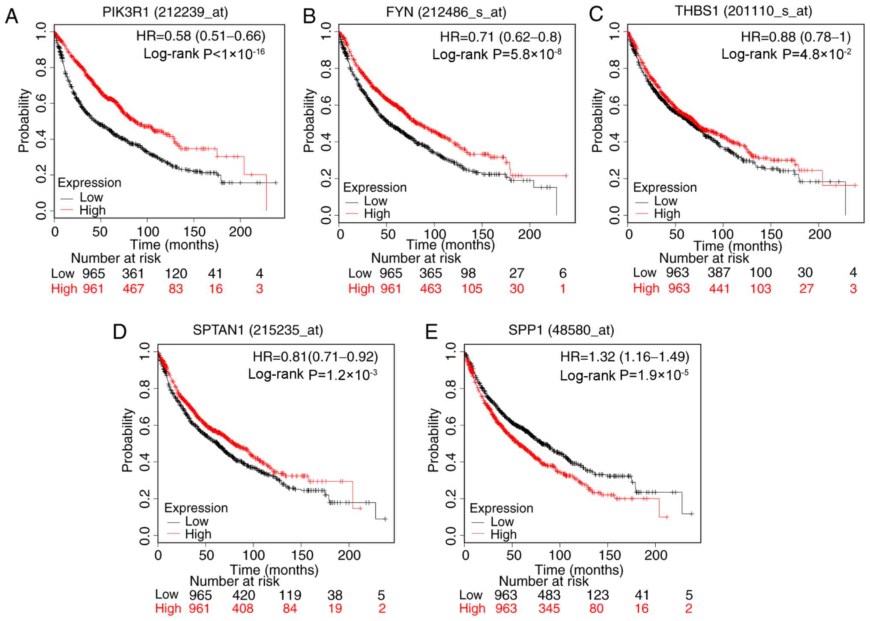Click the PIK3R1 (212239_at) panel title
[x=165, y=12]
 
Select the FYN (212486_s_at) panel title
[x=445, y=12]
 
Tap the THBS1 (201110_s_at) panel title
[x=743, y=11]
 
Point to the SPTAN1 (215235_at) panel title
[x=257, y=330]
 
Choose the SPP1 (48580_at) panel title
[x=561, y=330]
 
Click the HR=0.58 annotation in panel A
[x=200, y=36]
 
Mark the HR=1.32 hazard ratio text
[x=625, y=357]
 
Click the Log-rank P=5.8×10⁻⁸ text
[x=496, y=54]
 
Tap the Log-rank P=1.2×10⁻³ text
[x=312, y=374]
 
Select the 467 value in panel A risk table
[x=133, y=289]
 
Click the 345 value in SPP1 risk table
[x=549, y=609]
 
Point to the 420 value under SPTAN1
[x=243, y=595]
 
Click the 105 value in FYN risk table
[x=471, y=289]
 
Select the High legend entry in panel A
[x=92, y=210]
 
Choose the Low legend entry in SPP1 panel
[x=502, y=522]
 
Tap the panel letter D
[x=120, y=332]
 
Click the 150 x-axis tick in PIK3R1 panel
[x=194, y=232]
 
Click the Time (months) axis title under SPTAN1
[x=274, y=570]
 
